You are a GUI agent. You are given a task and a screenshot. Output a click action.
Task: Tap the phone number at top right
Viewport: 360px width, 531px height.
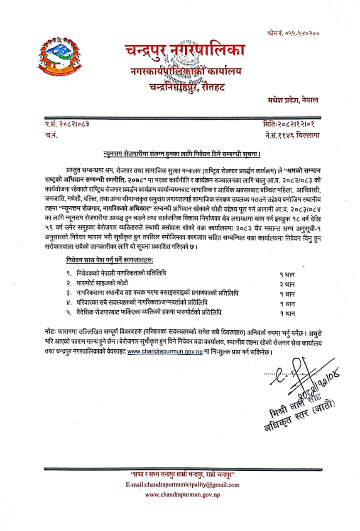(293, 33)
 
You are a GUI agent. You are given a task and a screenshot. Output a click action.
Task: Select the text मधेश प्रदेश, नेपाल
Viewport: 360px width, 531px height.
(293, 100)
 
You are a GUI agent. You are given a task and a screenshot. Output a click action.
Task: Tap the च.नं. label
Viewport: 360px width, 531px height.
(50, 134)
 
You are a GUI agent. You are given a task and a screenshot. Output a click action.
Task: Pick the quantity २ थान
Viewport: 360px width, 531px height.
(287, 285)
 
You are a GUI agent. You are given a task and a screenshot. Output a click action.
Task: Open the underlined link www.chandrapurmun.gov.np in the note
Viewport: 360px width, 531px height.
(164, 352)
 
